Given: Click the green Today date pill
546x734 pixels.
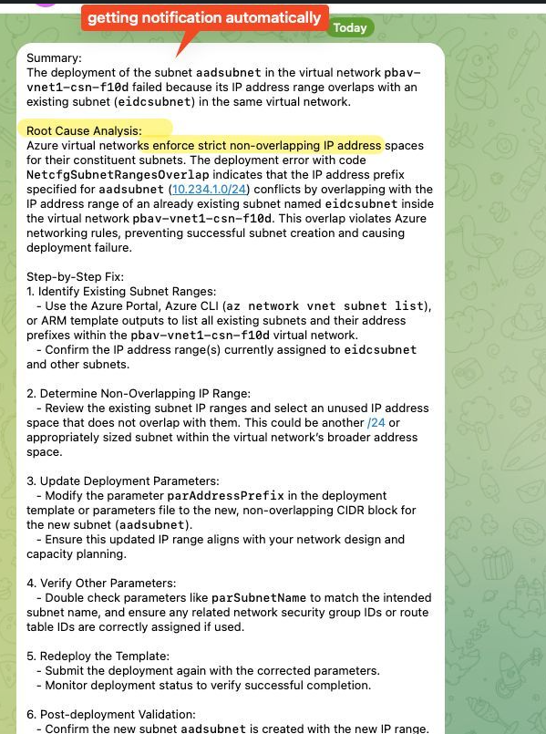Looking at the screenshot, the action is pyautogui.click(x=350, y=27).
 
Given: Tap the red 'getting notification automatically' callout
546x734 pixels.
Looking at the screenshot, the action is pyautogui.click(x=204, y=17).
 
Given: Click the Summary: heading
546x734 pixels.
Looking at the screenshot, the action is pyautogui.click(x=54, y=57).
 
